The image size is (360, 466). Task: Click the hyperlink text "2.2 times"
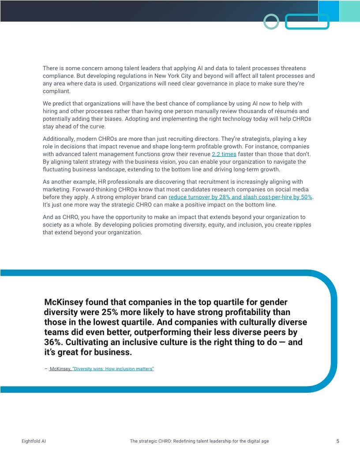[224, 154]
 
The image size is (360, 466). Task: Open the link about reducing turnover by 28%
[240, 197]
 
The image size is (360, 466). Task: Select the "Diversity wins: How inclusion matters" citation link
[113, 368]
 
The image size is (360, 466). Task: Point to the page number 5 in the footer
[337, 441]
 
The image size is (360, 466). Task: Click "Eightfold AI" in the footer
[34, 441]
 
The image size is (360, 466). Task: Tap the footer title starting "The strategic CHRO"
[199, 441]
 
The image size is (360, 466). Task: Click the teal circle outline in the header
[271, 21]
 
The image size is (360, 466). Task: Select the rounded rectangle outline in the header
[307, 22]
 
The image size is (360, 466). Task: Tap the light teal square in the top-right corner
[350, 11]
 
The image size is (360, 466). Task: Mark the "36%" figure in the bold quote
[54, 342]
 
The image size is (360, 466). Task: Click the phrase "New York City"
[181, 76]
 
